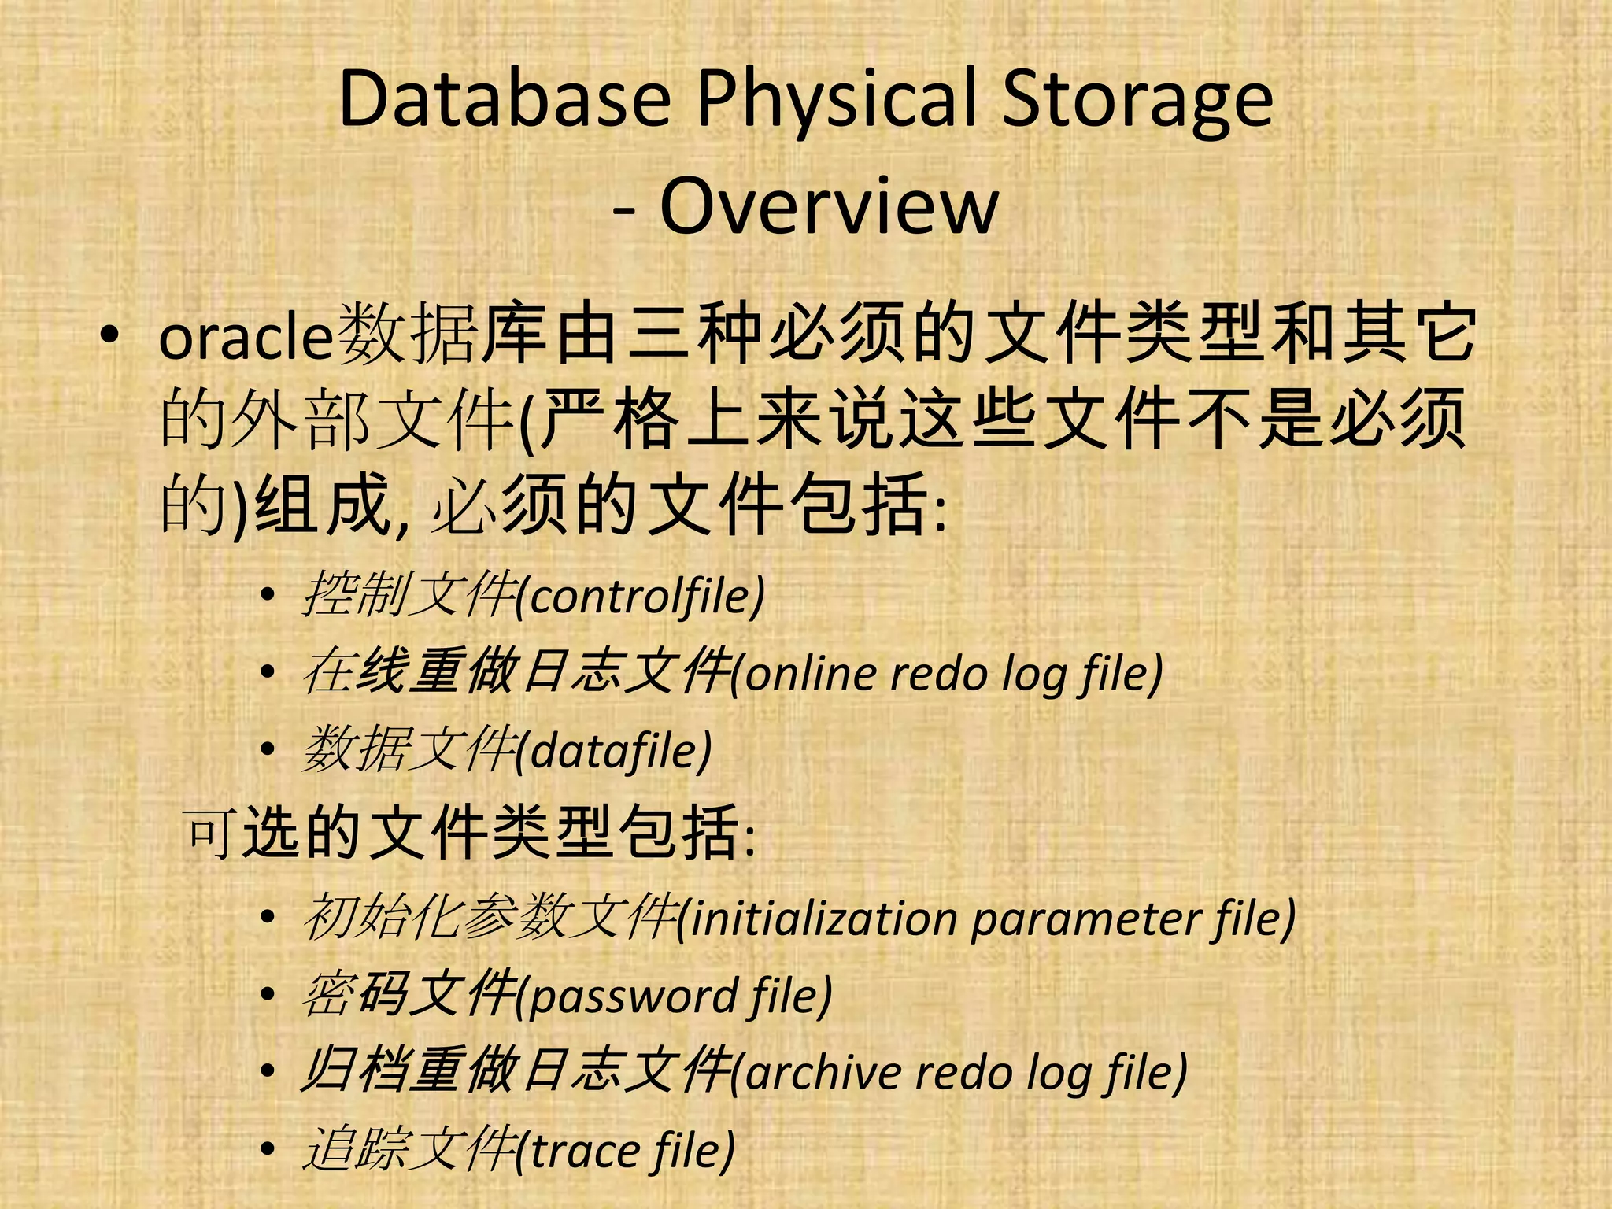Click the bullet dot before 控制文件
click(x=268, y=596)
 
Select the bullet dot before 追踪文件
click(x=268, y=1151)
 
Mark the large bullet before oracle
click(x=109, y=336)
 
